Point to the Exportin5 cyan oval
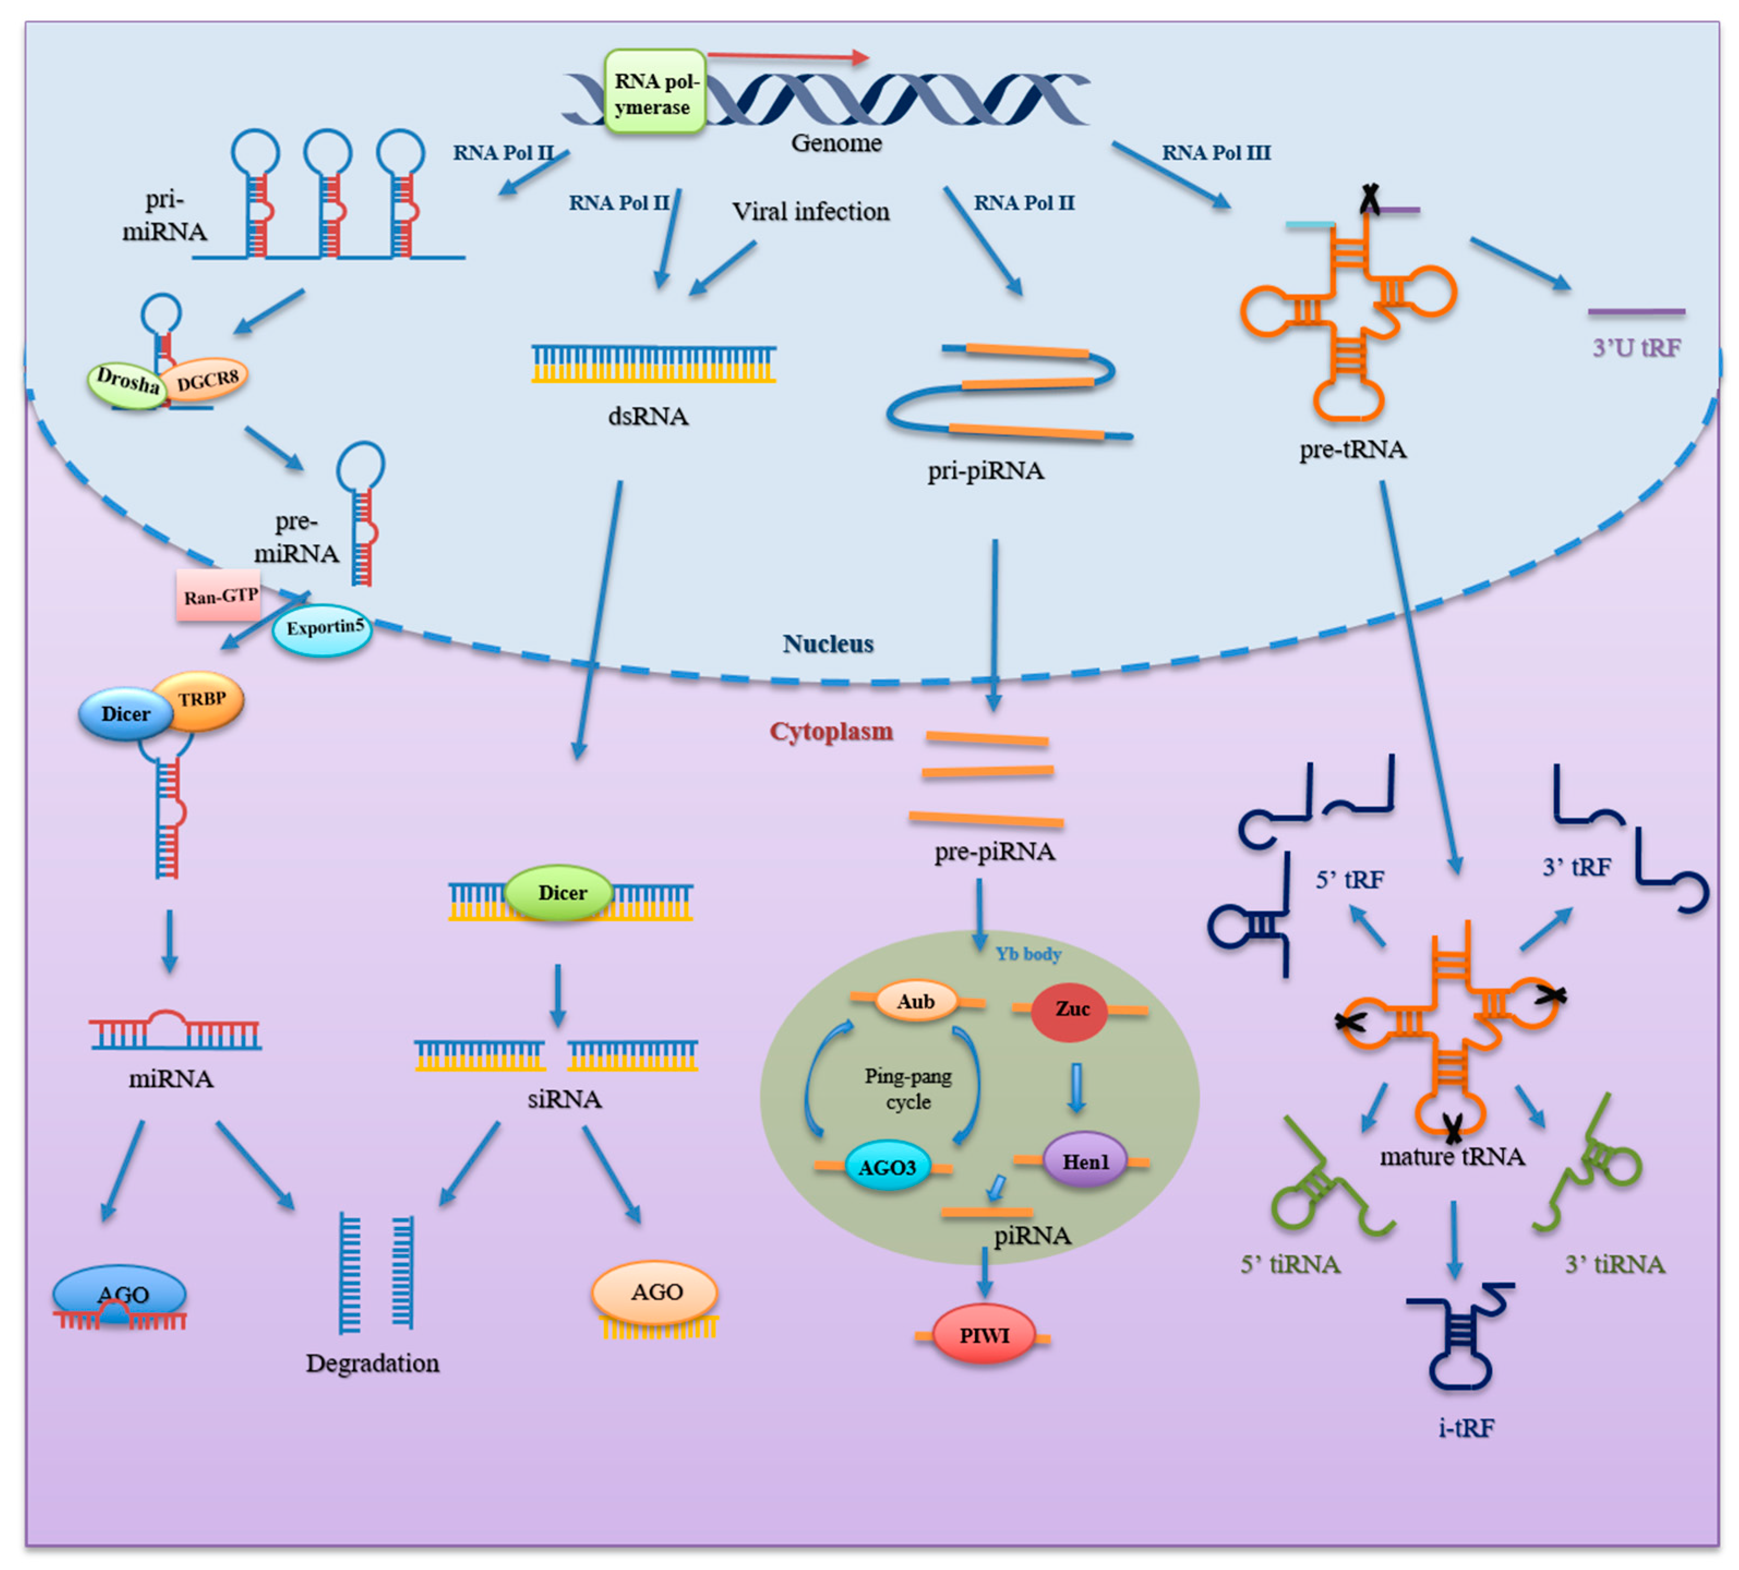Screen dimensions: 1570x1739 (x=323, y=629)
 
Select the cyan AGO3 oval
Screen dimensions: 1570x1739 (x=887, y=1167)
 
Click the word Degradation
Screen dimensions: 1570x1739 (x=372, y=1363)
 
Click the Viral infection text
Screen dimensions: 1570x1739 (x=810, y=212)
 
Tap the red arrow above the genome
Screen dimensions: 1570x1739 (x=787, y=57)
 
